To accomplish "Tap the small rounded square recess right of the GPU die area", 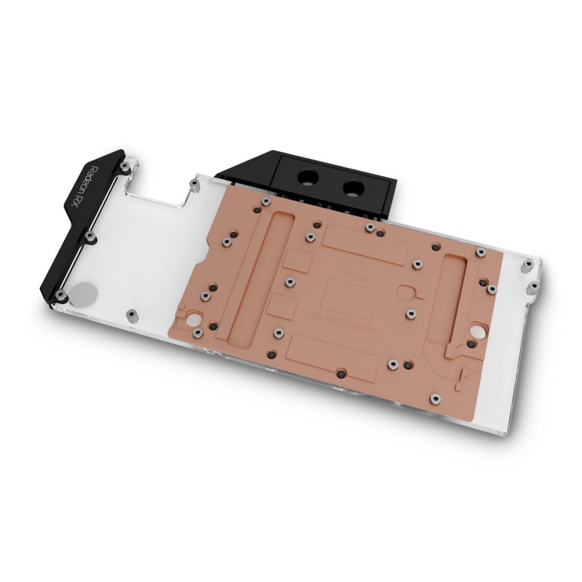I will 406,292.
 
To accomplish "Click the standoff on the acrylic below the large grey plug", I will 130,314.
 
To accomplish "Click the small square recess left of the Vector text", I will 296,258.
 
